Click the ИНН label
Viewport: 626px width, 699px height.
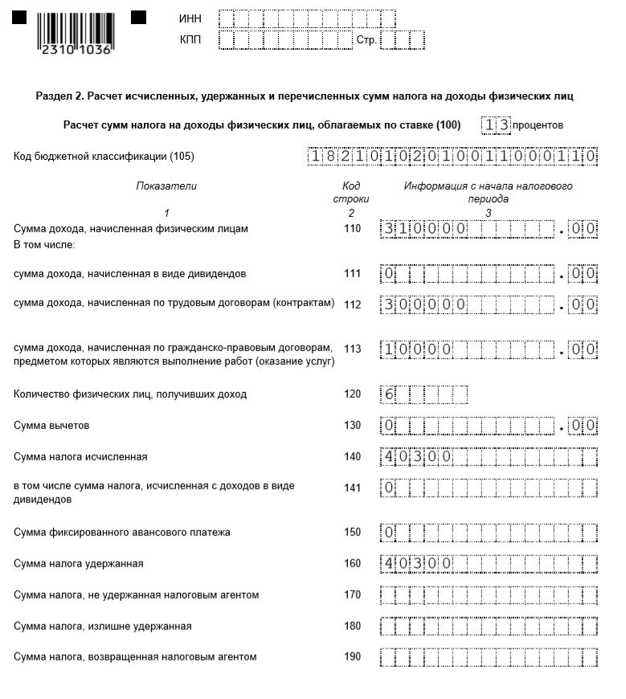point(190,18)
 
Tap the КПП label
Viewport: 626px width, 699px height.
point(190,39)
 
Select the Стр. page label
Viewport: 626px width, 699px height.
point(366,40)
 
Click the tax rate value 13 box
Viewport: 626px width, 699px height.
point(496,125)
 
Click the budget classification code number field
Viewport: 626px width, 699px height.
point(453,157)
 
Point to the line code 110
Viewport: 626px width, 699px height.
point(352,229)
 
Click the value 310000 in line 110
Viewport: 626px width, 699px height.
point(424,229)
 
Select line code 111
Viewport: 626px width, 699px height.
point(352,274)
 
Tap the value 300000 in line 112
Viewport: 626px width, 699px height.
point(424,305)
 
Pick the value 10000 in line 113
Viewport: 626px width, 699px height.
point(417,349)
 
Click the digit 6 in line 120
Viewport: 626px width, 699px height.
point(389,394)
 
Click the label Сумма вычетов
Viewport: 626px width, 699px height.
point(51,425)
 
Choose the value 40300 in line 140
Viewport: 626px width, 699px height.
point(417,457)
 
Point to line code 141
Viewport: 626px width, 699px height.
point(352,486)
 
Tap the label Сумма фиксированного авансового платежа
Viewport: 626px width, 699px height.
point(122,532)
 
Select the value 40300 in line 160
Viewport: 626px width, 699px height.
point(417,563)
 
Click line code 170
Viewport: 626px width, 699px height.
point(352,595)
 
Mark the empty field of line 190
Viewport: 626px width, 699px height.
point(489,657)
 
